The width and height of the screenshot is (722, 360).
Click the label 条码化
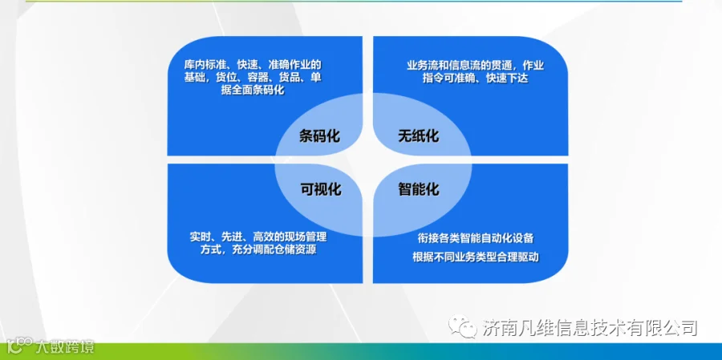(x=319, y=136)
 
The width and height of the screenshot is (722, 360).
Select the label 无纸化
(x=419, y=136)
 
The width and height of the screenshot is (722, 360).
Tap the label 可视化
(x=320, y=188)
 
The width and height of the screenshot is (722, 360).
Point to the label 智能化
(x=419, y=188)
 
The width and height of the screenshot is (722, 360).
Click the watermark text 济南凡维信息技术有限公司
(x=590, y=327)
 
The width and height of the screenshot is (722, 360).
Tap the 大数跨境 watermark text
(x=66, y=346)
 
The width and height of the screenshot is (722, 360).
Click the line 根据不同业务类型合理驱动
(x=476, y=257)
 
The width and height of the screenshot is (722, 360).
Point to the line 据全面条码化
(x=253, y=91)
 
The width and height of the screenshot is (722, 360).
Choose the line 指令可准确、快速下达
(x=476, y=79)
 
